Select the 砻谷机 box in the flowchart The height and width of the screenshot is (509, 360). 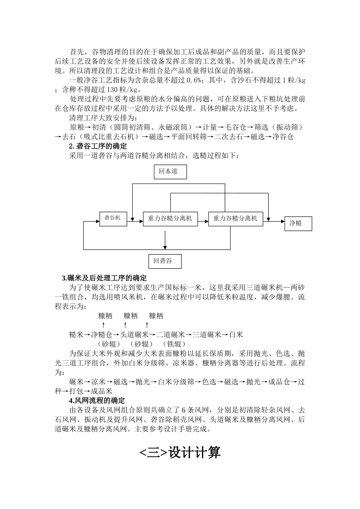(x=113, y=219)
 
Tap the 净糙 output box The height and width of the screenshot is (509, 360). (x=298, y=223)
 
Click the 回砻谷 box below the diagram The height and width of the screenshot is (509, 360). (x=165, y=261)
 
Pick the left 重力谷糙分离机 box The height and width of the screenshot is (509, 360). (x=170, y=219)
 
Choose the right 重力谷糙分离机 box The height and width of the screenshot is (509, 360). (x=235, y=219)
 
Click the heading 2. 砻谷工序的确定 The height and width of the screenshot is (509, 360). (x=98, y=146)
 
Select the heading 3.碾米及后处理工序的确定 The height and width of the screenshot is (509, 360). (x=104, y=278)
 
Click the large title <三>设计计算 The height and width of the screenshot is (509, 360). (x=180, y=453)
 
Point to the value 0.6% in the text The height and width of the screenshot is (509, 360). (x=192, y=80)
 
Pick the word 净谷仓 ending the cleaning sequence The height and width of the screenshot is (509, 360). (x=283, y=137)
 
